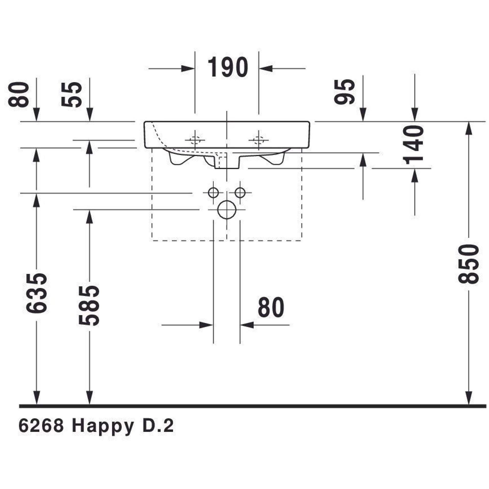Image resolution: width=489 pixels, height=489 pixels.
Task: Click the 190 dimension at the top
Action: click(x=228, y=67)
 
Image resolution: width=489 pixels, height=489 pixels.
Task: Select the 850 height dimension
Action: click(x=468, y=264)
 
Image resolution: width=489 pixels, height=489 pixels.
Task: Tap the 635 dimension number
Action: click(x=36, y=293)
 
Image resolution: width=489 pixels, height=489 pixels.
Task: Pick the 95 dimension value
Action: click(x=344, y=92)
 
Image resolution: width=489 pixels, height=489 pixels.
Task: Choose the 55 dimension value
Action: click(x=72, y=94)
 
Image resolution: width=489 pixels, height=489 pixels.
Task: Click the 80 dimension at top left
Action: click(x=19, y=94)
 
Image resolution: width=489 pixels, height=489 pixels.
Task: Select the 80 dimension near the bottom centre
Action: click(x=271, y=308)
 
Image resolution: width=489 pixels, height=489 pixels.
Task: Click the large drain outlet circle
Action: click(x=227, y=210)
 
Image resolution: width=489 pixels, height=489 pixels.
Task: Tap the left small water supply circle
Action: click(x=213, y=193)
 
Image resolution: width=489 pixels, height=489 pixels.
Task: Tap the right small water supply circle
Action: click(x=240, y=193)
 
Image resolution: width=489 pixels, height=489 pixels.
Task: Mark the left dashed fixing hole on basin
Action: click(x=195, y=140)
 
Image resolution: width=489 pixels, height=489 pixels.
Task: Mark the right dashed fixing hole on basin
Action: click(x=258, y=140)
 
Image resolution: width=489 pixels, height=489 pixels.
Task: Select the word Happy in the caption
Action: click(x=102, y=427)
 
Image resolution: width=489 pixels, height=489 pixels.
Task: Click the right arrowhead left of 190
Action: click(x=188, y=68)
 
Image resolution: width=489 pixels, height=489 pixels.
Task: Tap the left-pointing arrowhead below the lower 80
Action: click(x=247, y=325)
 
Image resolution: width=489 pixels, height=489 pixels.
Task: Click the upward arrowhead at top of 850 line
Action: click(x=468, y=128)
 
